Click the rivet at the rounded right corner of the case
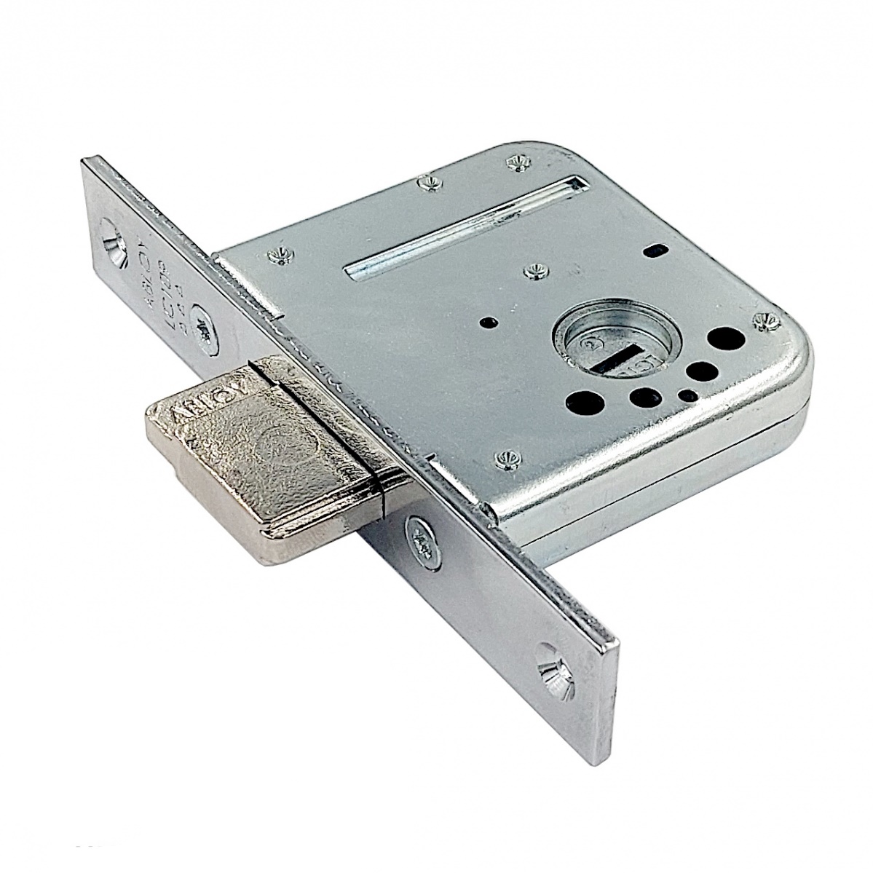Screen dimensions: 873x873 coord(765,318)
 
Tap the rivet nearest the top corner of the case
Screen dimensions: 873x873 coord(518,164)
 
